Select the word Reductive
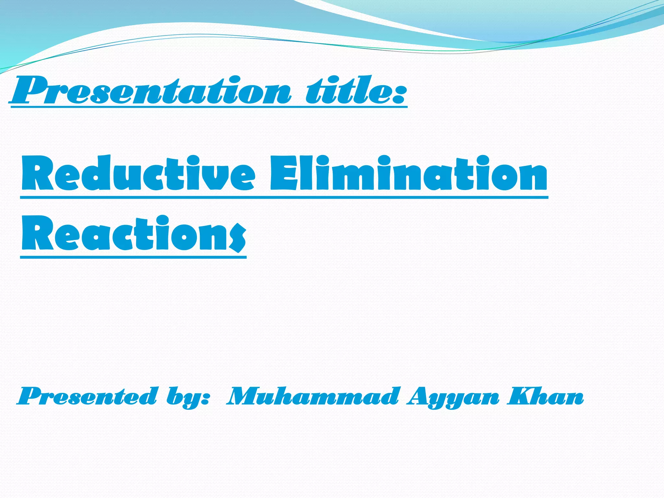[138, 173]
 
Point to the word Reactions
[133, 233]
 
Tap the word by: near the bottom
[188, 397]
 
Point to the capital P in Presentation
[28, 90]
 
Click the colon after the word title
[398, 94]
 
